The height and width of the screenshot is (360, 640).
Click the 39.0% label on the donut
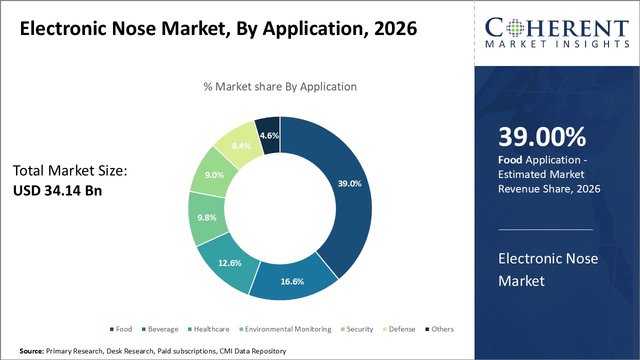coord(349,183)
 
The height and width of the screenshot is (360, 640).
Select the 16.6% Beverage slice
coord(292,281)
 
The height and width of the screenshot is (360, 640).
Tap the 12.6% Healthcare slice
coord(229,263)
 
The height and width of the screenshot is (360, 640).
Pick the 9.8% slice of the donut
coord(206,217)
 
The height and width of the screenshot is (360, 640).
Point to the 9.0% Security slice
coord(213,175)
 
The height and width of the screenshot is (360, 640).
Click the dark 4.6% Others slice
coord(269,135)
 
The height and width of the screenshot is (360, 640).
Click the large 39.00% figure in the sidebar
coord(542,137)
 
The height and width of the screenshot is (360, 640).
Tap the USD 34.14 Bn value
coord(57,190)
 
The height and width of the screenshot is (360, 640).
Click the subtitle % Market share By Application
coord(280,86)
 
